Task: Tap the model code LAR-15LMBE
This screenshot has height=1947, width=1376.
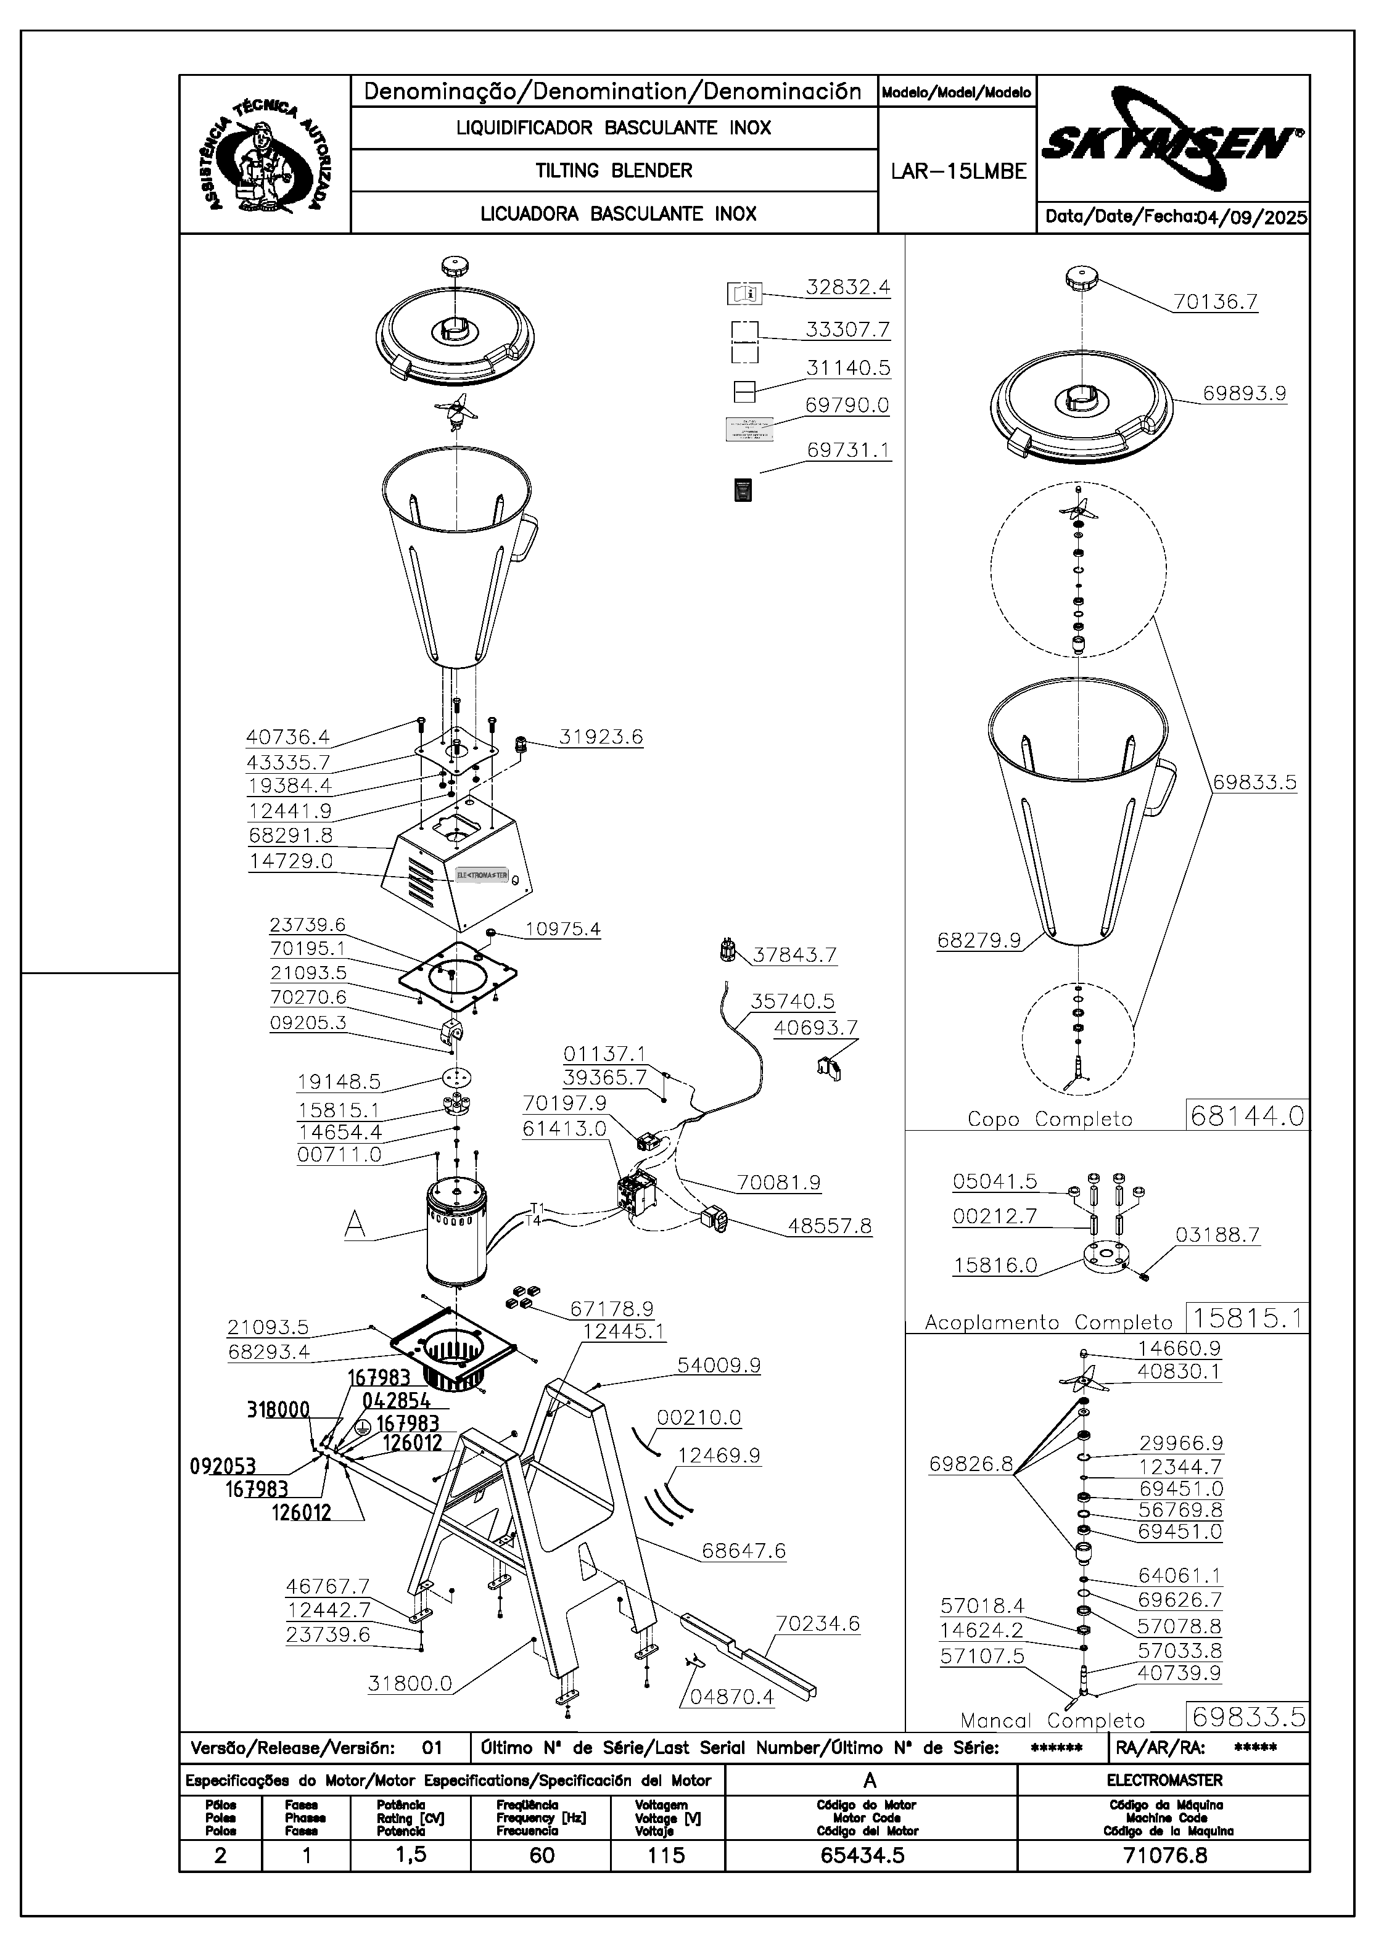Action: pyautogui.click(x=958, y=171)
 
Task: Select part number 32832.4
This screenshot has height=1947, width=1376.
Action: pyautogui.click(x=847, y=287)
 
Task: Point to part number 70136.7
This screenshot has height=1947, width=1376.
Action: pyautogui.click(x=1215, y=302)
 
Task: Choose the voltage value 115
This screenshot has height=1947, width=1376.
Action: pyautogui.click(x=666, y=1855)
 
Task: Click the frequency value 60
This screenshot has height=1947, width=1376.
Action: pyautogui.click(x=542, y=1855)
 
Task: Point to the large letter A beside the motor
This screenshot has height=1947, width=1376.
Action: pyautogui.click(x=355, y=1224)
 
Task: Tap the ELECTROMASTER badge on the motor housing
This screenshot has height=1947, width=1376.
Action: pyautogui.click(x=481, y=874)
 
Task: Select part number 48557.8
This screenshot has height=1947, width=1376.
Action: pyautogui.click(x=829, y=1226)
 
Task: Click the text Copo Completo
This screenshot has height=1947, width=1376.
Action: pyautogui.click(x=1049, y=1120)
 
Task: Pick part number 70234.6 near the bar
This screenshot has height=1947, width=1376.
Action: pyautogui.click(x=817, y=1623)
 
